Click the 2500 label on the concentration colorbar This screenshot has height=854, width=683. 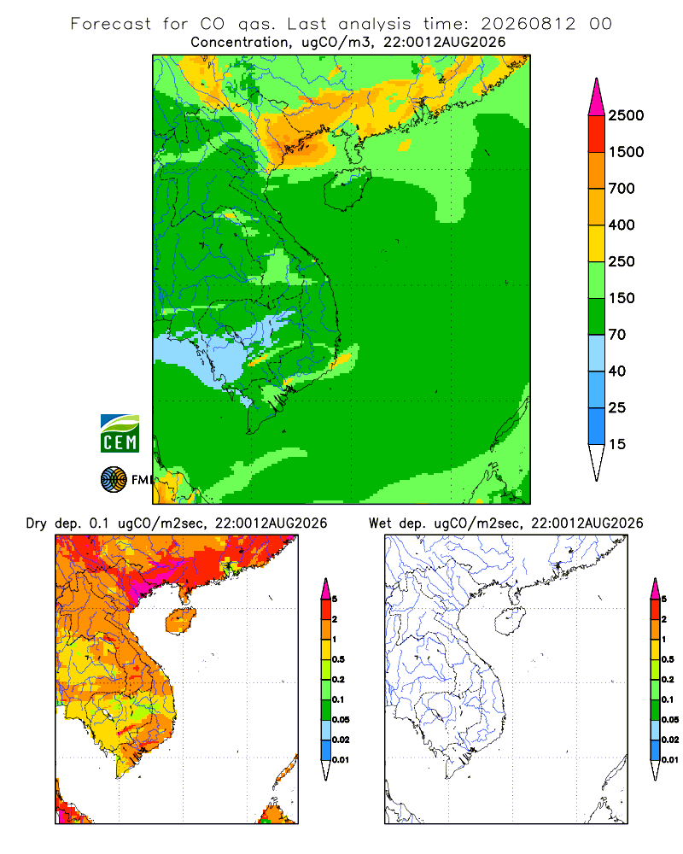tap(626, 115)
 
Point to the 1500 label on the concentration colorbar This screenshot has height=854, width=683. tap(626, 152)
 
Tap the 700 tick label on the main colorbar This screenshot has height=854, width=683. tap(622, 189)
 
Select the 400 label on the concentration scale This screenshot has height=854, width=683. tap(622, 225)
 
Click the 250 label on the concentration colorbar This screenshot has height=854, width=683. tap(622, 261)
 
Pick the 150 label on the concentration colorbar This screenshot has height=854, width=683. tap(622, 298)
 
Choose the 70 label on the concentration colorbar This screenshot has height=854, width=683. tap(617, 335)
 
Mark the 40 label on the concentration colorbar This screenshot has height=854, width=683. tap(617, 371)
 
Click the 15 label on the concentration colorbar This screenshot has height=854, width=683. tap(617, 444)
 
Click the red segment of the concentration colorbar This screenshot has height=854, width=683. tap(597, 133)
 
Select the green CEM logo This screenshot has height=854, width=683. tap(120, 434)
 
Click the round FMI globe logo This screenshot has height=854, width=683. tap(114, 479)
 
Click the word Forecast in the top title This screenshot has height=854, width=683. tap(111, 24)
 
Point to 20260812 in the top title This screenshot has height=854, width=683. tap(528, 24)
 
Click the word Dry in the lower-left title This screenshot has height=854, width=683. tap(37, 524)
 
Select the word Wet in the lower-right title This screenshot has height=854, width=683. tap(380, 524)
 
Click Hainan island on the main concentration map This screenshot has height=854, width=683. tap(347, 189)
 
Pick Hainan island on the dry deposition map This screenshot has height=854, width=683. tap(180, 621)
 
